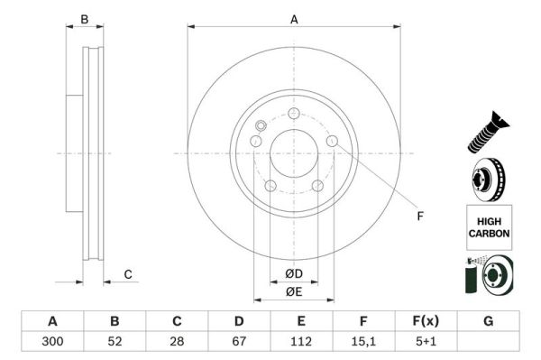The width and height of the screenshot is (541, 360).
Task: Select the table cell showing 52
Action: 115,342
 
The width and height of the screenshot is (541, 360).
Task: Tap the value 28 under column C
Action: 177,342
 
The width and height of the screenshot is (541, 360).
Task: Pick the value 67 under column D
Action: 239,342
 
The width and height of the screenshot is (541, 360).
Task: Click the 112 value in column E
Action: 301,342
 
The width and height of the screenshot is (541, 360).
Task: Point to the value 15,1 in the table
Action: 363,342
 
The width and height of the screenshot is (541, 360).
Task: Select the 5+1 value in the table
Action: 426,342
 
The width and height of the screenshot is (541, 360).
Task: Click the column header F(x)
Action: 426,321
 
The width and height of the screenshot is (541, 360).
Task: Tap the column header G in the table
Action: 488,321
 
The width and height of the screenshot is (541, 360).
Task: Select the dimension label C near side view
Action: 128,274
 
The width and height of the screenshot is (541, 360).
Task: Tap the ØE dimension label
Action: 294,291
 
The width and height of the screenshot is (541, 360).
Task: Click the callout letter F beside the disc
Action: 419,215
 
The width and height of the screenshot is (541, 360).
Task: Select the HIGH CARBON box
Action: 489,226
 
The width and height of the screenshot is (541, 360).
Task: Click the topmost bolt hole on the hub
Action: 294,114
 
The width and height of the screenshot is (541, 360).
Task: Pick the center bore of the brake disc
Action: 294,152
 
